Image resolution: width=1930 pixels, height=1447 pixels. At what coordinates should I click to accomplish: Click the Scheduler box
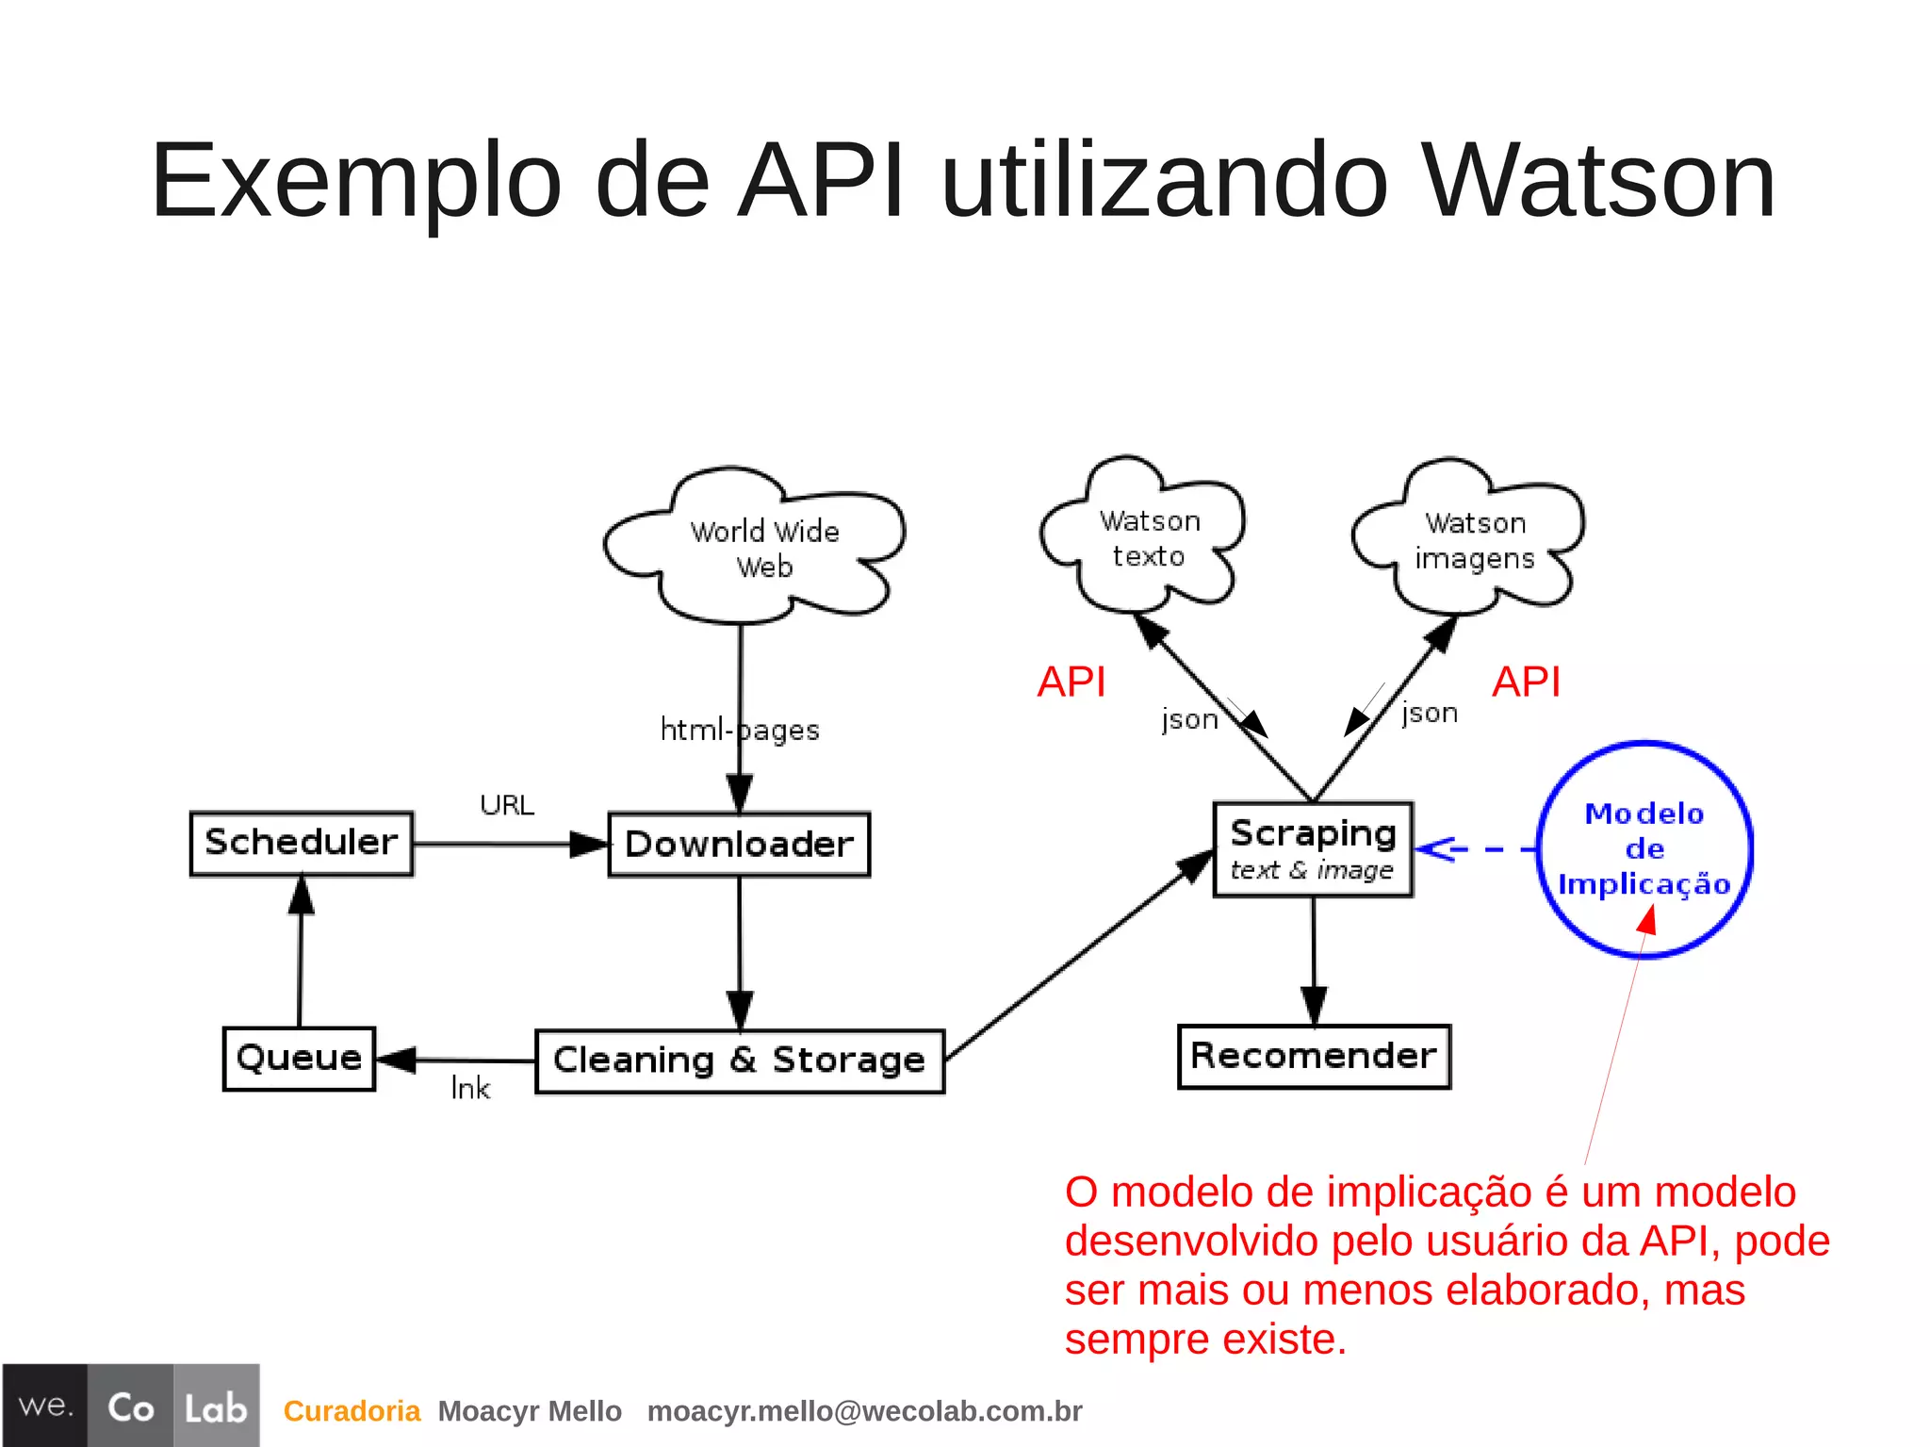coord(302,844)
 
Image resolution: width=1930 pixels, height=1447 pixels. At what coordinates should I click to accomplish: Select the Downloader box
coord(739,845)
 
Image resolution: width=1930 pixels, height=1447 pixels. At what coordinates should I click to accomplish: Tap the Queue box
coord(299,1059)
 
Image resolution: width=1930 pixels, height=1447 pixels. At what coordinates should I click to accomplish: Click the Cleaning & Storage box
coord(740,1061)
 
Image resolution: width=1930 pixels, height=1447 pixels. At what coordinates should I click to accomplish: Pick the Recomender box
coord(1314,1056)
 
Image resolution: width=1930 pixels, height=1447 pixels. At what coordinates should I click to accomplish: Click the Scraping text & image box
coord(1313,849)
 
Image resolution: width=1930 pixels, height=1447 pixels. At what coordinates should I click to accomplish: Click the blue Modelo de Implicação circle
coord(1644,849)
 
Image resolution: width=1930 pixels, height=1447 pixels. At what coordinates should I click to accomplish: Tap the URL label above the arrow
coord(507,805)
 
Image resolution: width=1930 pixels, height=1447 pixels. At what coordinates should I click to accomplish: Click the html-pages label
coord(740,730)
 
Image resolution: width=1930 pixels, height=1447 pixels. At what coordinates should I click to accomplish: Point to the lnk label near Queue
coord(470,1089)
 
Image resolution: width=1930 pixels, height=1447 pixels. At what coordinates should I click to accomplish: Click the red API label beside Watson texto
coord(1071,682)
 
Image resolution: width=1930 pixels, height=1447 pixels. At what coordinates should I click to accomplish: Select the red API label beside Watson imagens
coord(1527,682)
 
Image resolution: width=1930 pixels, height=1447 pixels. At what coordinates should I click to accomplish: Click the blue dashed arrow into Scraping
coord(1475,849)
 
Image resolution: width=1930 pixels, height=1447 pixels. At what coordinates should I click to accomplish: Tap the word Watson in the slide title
coord(1598,181)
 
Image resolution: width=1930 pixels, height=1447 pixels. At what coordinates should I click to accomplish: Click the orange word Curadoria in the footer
coord(352,1411)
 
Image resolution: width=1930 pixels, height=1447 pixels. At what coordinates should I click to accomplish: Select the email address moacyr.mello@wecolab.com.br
coord(864,1411)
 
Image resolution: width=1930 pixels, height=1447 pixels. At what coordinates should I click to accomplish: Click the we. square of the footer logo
coord(45,1406)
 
